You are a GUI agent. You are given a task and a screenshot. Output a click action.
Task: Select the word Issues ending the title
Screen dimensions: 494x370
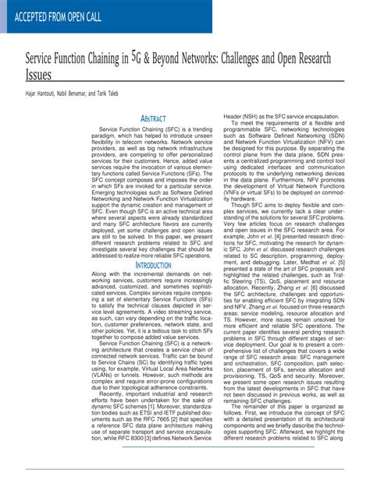(39, 76)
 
